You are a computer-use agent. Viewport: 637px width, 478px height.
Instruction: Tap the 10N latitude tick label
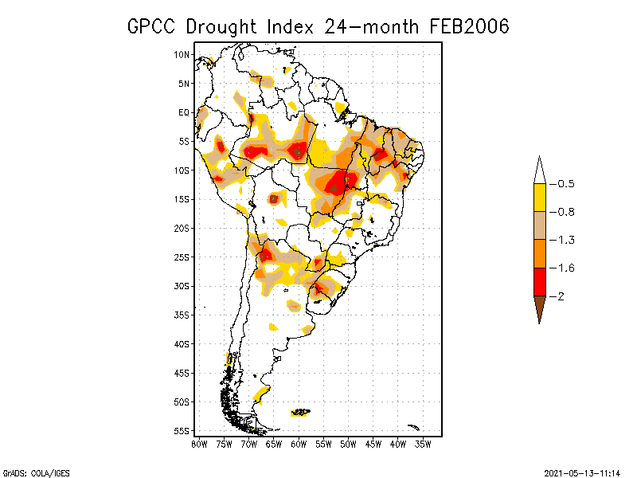point(182,55)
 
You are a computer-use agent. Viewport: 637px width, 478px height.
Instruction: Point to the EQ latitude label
point(183,112)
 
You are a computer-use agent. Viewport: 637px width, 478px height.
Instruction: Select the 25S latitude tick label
point(182,257)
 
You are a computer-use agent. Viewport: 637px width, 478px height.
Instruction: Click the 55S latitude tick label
point(182,431)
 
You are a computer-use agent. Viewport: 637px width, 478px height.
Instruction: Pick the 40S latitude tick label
point(182,344)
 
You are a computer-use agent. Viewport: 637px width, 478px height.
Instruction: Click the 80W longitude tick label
point(199,444)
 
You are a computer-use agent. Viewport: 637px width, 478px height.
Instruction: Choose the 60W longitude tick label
point(298,444)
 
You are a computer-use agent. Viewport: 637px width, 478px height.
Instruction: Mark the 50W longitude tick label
point(347,444)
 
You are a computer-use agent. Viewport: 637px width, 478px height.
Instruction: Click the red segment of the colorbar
point(539,282)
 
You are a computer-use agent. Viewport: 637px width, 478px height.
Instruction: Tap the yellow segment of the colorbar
point(539,198)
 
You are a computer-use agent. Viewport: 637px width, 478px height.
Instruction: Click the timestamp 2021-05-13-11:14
point(582,472)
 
